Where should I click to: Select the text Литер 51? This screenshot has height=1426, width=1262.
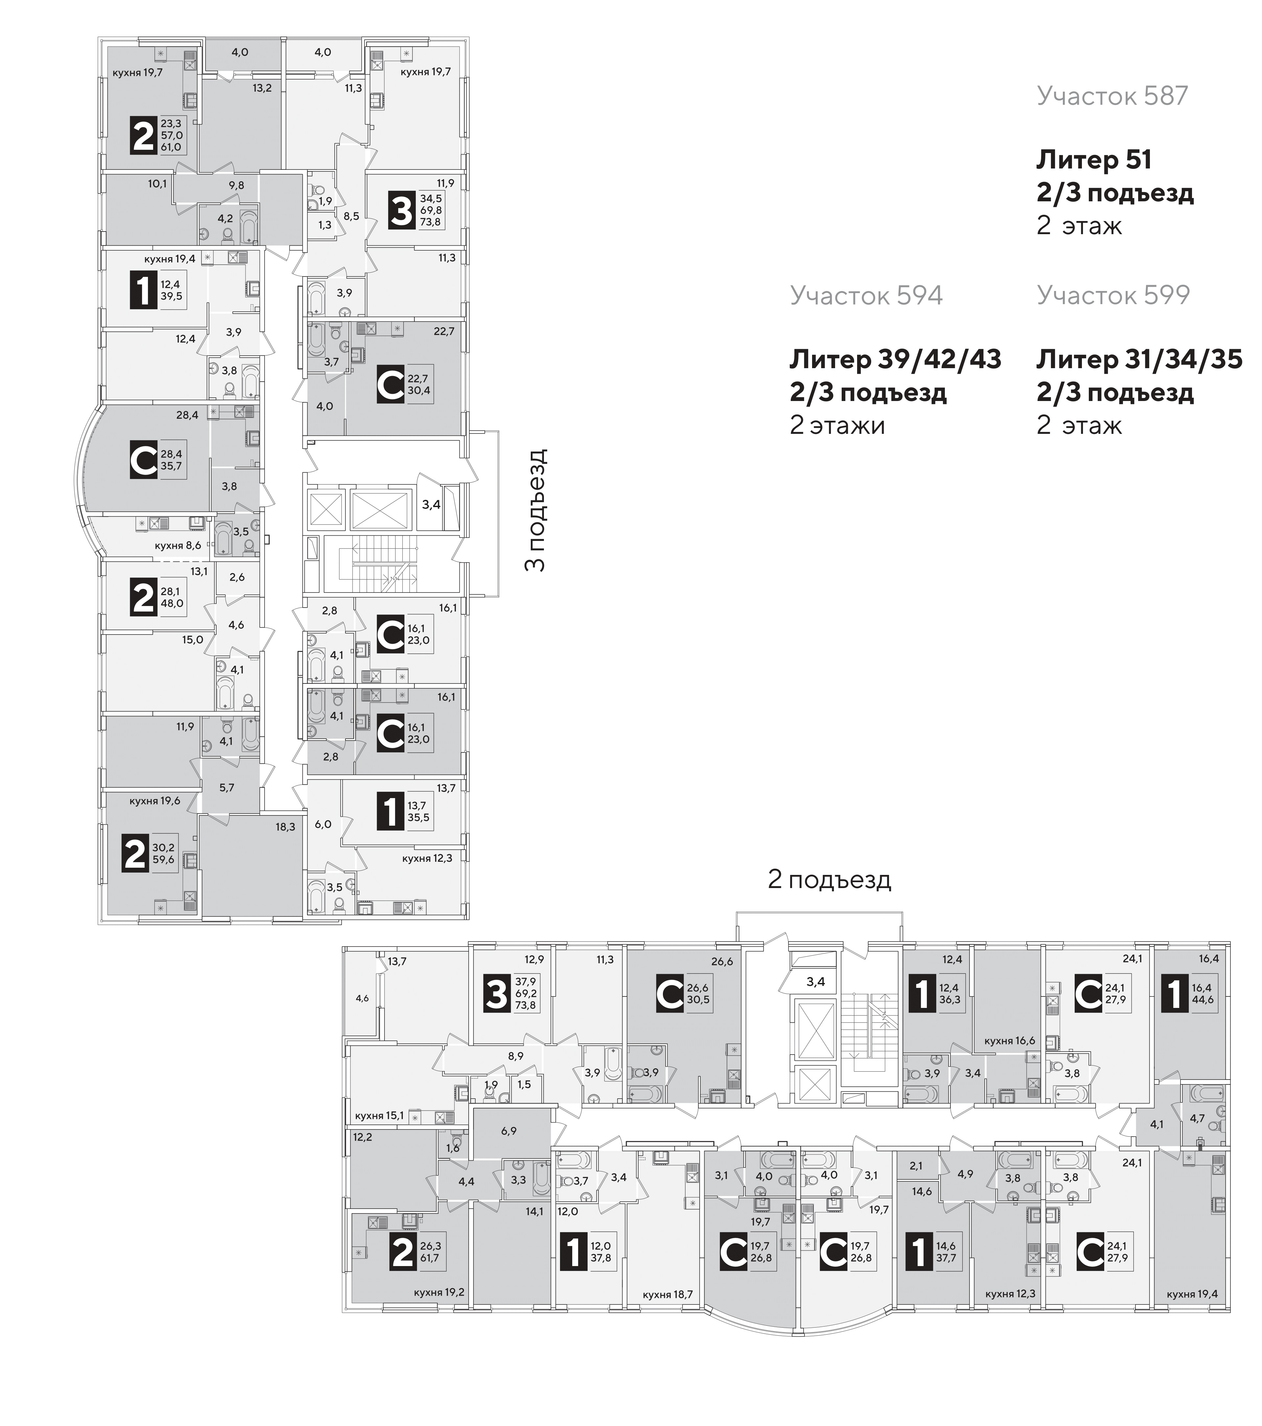pos(1093,160)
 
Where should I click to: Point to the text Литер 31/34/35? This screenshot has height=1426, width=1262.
pos(1139,359)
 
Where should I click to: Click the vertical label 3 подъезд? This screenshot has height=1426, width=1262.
pos(535,510)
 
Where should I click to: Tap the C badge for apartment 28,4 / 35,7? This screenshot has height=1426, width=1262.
pos(144,460)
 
